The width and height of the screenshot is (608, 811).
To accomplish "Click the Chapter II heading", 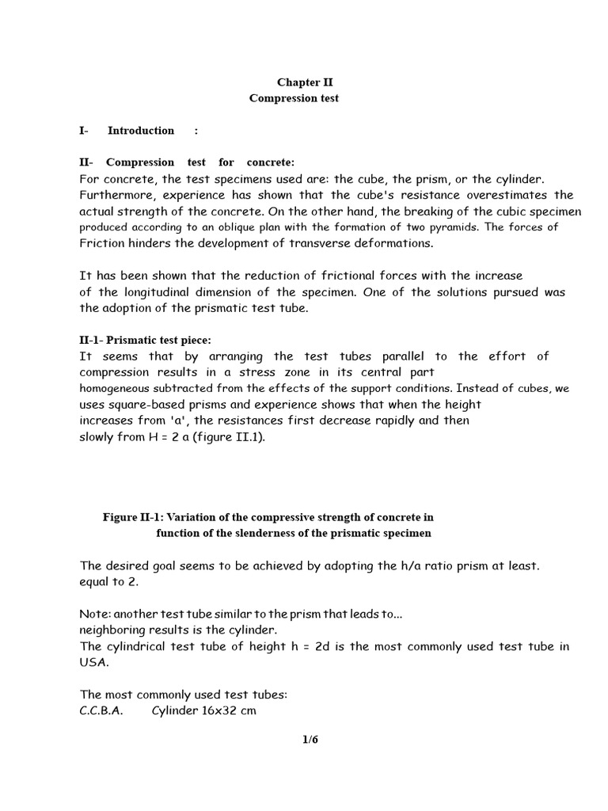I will (299, 82).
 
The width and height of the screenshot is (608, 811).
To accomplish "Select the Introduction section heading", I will (141, 131).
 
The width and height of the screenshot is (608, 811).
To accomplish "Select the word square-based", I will (146, 405).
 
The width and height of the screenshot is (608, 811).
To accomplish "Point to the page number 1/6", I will (310, 741).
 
